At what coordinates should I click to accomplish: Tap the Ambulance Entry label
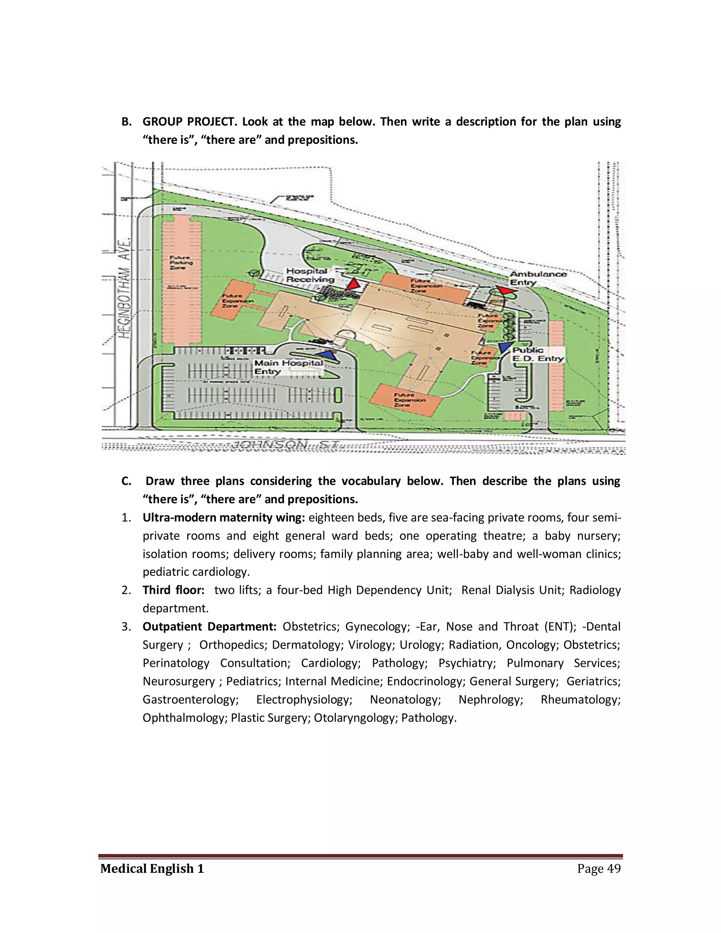point(538,278)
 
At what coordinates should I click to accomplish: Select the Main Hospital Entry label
point(288,367)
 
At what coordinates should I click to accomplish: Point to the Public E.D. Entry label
point(538,354)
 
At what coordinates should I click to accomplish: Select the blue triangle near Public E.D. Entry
point(506,346)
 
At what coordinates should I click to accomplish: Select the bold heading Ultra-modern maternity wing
point(224,518)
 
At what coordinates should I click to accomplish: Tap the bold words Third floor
point(174,590)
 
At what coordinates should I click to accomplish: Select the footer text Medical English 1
point(152,869)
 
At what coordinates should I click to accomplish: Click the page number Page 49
point(599,869)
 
